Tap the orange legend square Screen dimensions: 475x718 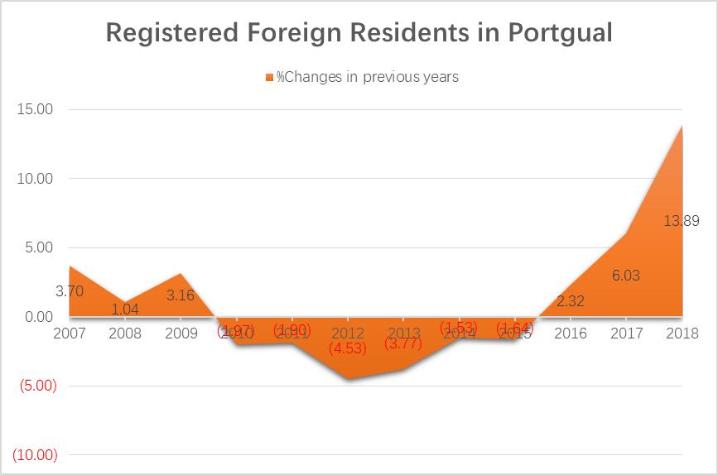[268, 77]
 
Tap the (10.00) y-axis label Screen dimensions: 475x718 [32, 454]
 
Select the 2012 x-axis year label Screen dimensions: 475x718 [348, 333]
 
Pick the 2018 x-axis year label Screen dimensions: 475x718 [682, 333]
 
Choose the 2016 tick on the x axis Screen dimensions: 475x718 [571, 333]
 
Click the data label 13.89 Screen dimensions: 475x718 [682, 221]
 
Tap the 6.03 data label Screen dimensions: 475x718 [626, 276]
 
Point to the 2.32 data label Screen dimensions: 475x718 [571, 301]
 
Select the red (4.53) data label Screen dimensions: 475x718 [348, 348]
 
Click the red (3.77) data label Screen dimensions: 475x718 [403, 343]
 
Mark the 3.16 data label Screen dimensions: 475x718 [181, 295]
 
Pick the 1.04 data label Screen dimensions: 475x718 [125, 309]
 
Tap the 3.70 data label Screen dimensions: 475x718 [70, 291]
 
